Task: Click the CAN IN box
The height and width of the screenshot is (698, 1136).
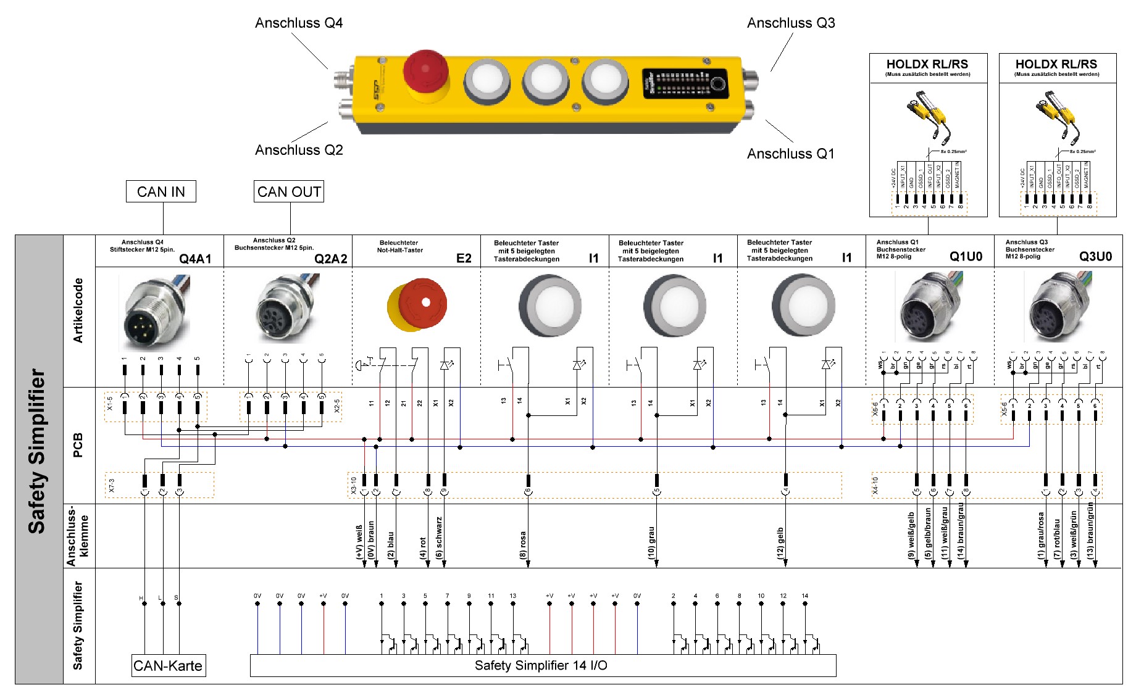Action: coord(161,192)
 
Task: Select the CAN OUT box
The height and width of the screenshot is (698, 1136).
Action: coord(289,192)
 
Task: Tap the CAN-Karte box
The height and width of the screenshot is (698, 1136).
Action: coord(168,666)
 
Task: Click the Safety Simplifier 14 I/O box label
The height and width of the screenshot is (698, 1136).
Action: coord(541,665)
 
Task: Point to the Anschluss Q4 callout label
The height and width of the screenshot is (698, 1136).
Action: coord(299,23)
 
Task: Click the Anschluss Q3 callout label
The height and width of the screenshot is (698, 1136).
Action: coord(791,23)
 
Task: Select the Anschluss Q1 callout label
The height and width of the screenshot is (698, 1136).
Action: coord(790,154)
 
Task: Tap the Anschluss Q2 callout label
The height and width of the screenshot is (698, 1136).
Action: coord(299,150)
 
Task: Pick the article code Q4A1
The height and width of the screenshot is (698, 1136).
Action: coord(195,259)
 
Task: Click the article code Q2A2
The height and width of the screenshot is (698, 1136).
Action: coord(331,259)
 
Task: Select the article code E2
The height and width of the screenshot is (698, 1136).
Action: coord(464,258)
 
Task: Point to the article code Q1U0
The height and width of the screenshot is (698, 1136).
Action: coord(966,257)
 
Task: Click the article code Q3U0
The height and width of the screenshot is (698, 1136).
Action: coord(1095,257)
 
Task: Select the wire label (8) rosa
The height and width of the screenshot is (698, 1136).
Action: coord(523,545)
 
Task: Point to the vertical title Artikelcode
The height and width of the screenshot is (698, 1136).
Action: coord(78,310)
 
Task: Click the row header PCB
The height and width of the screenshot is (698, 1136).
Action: coord(78,445)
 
